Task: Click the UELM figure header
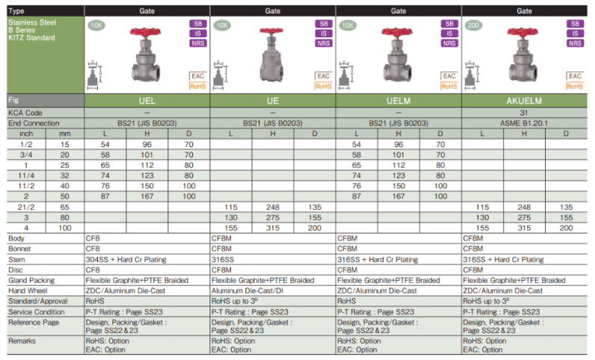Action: pyautogui.click(x=398, y=101)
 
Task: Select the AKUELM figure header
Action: pyautogui.click(x=524, y=101)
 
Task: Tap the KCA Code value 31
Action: pyautogui.click(x=524, y=113)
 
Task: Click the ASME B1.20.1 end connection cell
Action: pyautogui.click(x=524, y=123)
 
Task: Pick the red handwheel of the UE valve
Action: pyautogui.click(x=271, y=31)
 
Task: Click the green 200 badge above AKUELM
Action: pyautogui.click(x=474, y=25)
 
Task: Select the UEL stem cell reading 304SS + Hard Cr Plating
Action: pyautogui.click(x=126, y=259)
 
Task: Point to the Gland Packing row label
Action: pyautogui.click(x=31, y=280)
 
